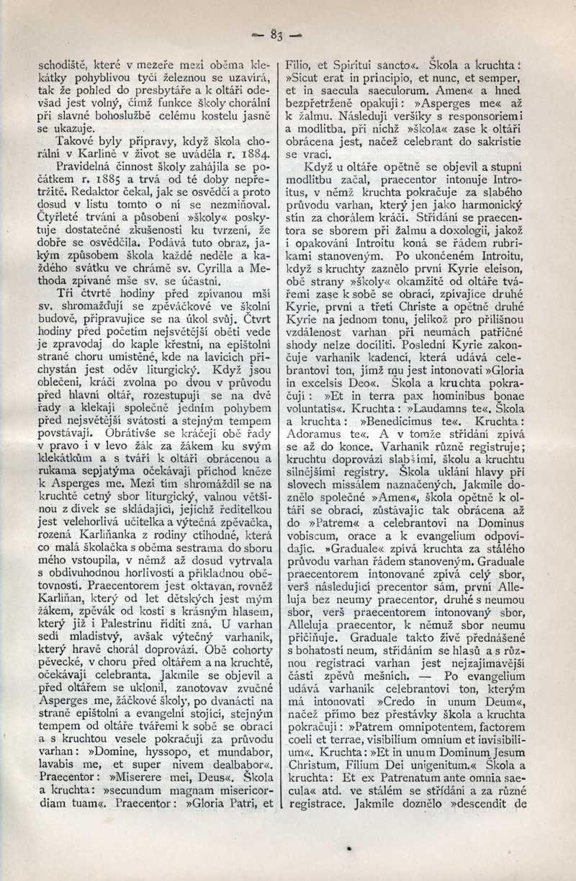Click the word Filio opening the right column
[297, 62]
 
